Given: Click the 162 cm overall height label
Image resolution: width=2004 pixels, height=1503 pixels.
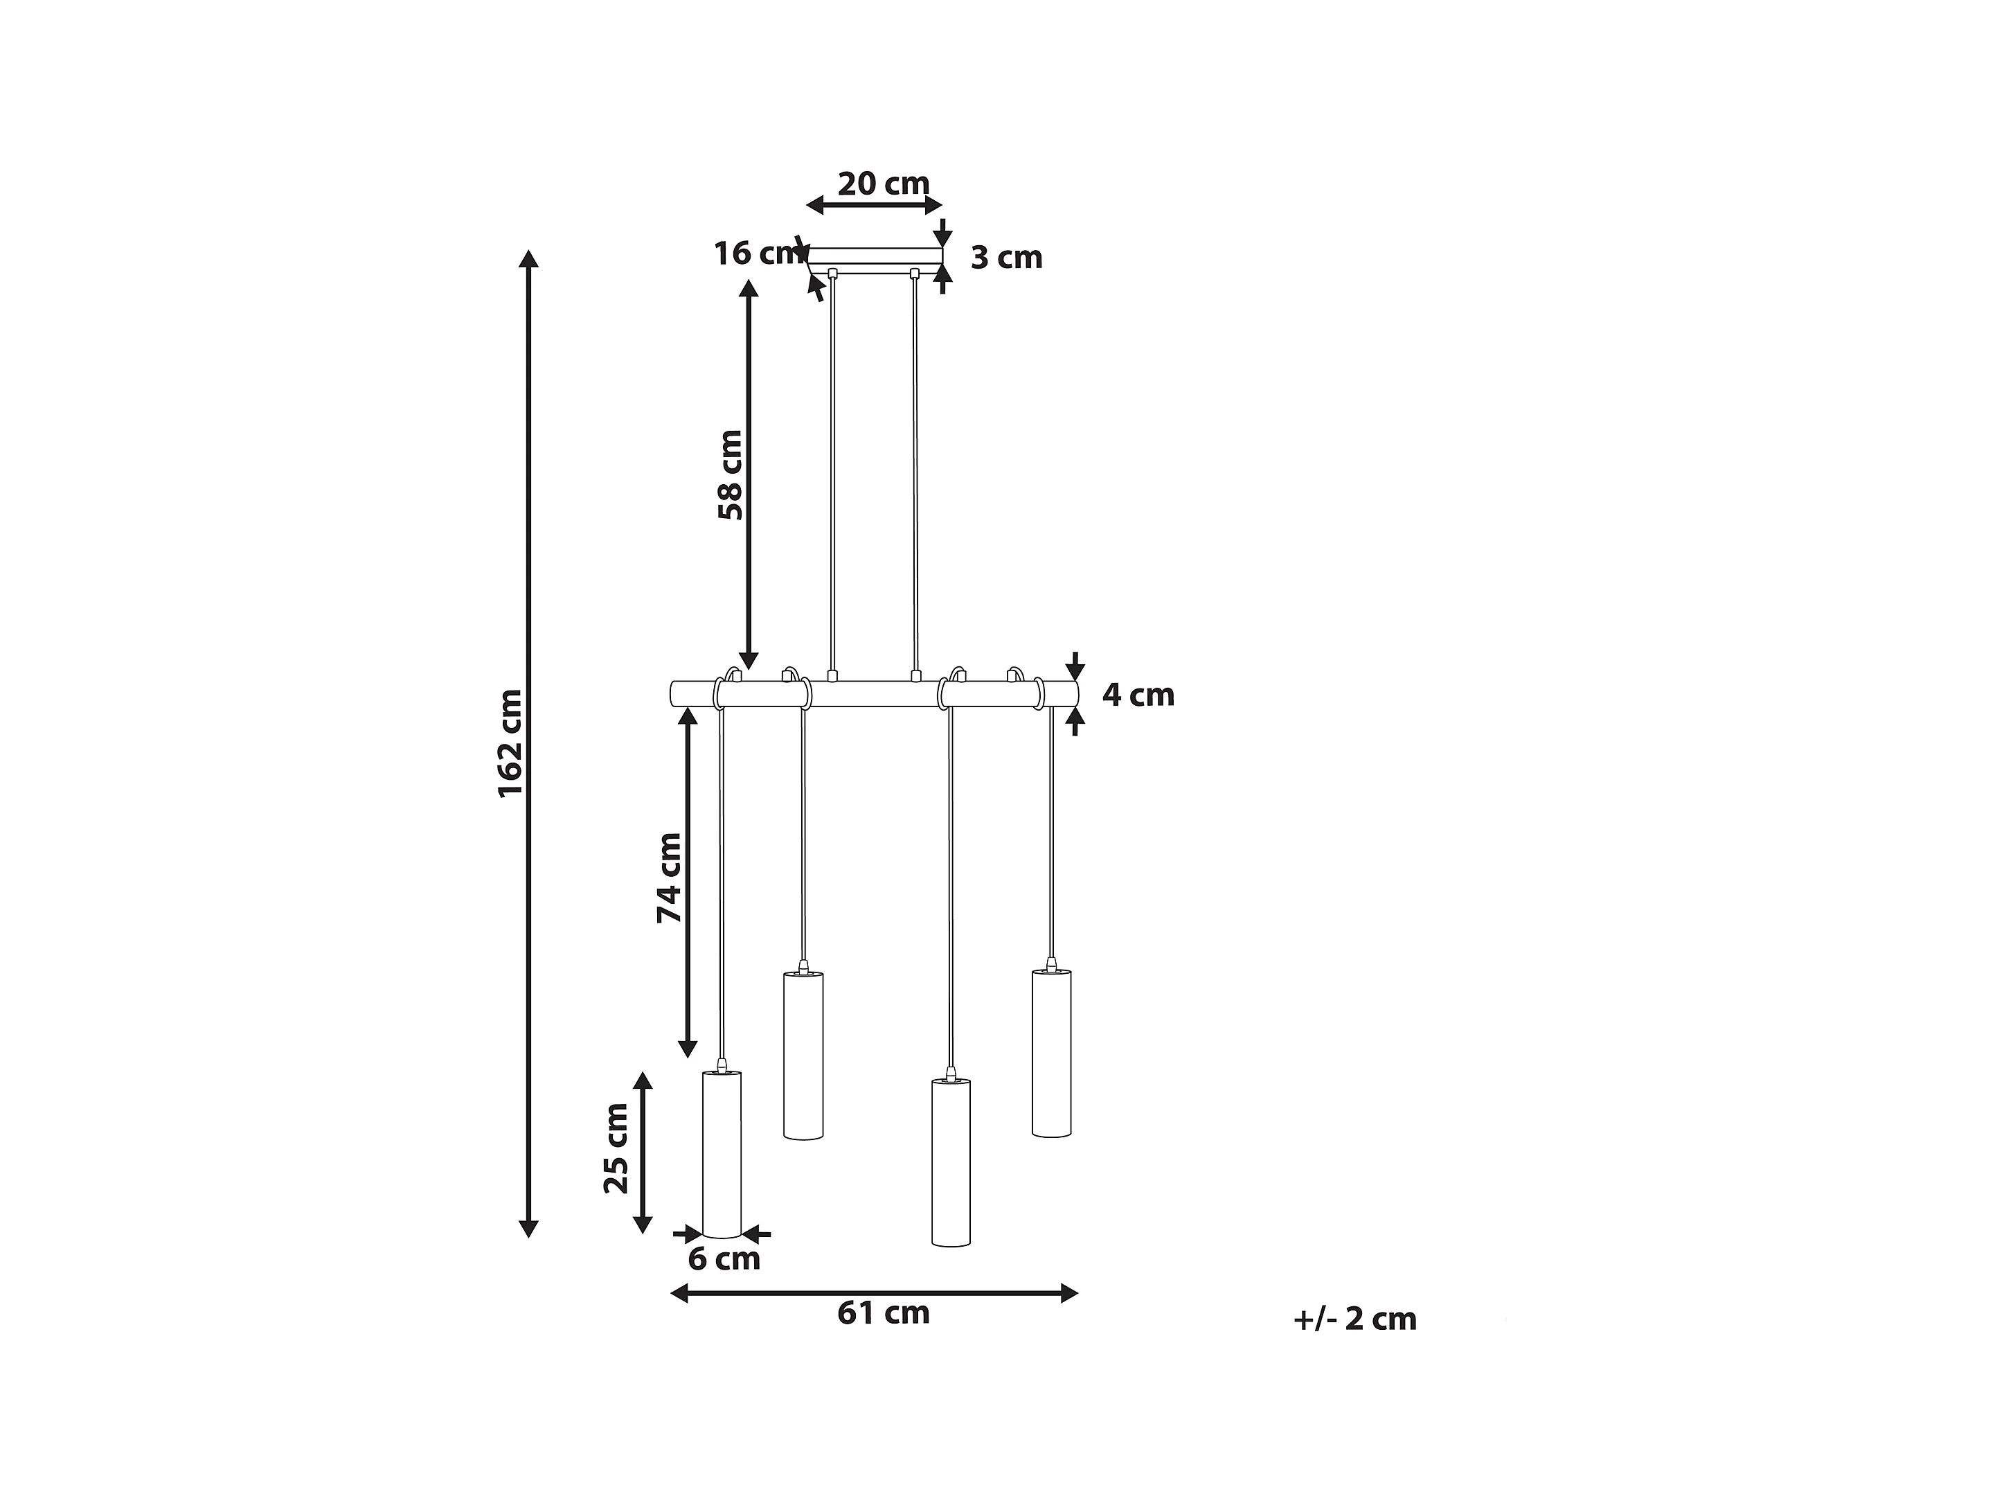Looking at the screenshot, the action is click(x=511, y=743).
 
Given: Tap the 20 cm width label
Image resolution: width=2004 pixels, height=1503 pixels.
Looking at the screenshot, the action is click(x=884, y=184).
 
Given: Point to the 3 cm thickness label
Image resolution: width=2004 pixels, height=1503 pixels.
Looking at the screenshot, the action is click(x=1007, y=258).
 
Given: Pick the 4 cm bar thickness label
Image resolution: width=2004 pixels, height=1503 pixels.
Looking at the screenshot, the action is click(x=1138, y=695).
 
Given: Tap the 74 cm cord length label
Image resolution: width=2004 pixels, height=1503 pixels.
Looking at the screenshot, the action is click(x=670, y=878).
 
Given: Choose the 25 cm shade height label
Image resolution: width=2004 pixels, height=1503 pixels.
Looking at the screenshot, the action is click(x=616, y=1149).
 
